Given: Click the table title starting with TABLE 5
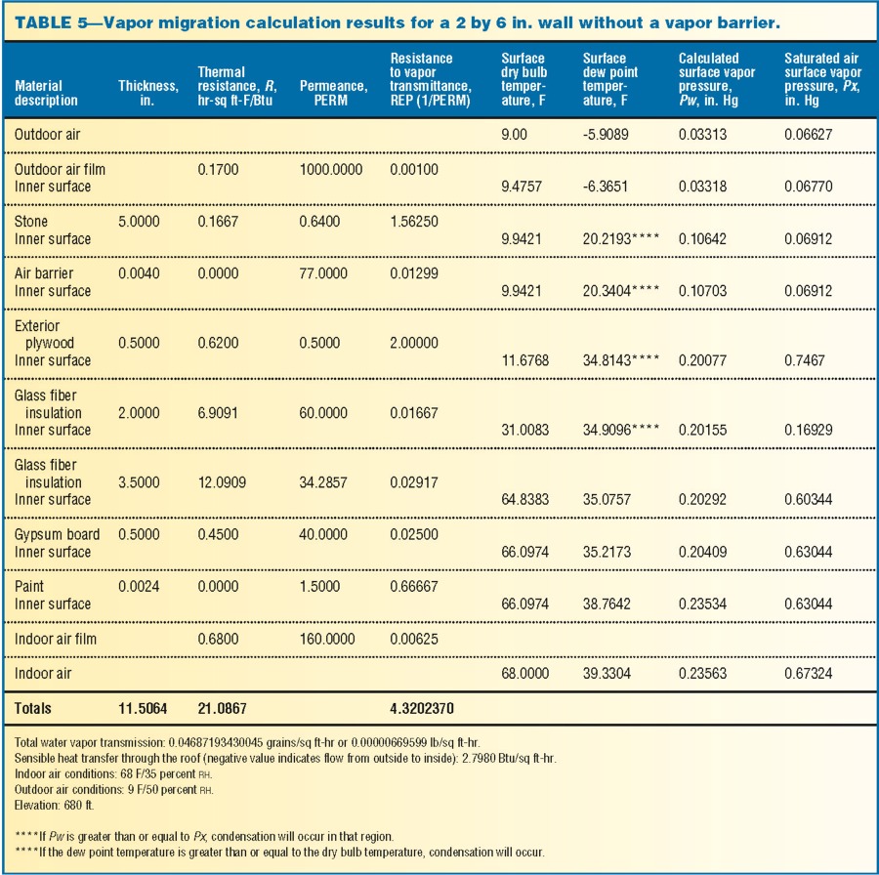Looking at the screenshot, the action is click(x=397, y=22).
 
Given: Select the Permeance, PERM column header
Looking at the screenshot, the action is click(x=333, y=93).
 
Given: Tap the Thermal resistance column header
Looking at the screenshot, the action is click(x=237, y=86).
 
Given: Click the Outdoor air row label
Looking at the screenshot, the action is click(x=47, y=135).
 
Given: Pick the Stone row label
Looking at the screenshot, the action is click(x=31, y=222).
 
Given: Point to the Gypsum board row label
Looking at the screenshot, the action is click(x=57, y=534).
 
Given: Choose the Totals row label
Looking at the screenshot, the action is click(x=32, y=709).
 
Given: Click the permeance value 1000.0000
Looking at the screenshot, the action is click(x=331, y=169).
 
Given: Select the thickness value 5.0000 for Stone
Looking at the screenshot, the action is click(x=139, y=222).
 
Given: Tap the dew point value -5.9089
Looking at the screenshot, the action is click(x=606, y=135).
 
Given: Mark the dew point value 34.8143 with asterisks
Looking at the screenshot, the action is click(x=620, y=360).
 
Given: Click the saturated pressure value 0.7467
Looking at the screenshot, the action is click(x=805, y=360).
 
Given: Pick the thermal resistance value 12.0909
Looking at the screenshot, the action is click(x=222, y=482).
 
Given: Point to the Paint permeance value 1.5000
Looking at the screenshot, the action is click(x=319, y=586).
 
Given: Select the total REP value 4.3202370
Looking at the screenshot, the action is click(x=422, y=709).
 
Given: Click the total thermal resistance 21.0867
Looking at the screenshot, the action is click(x=222, y=709).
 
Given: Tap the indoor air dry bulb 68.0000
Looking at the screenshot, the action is click(x=524, y=673).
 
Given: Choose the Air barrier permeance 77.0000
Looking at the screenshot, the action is click(x=323, y=273).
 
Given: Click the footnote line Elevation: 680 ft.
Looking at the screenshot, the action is click(x=55, y=806).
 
